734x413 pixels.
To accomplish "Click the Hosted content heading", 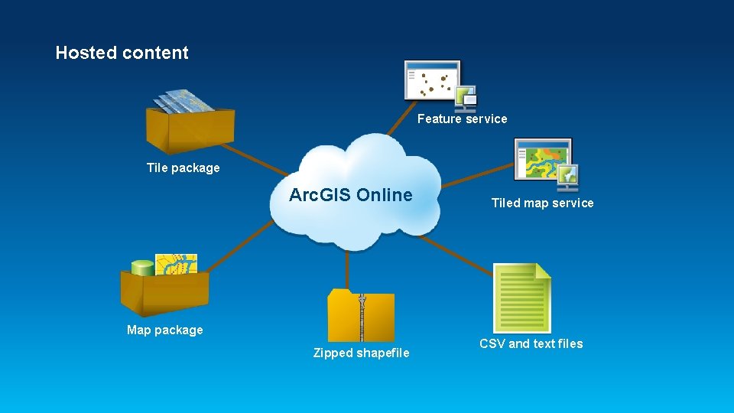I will tap(122, 53).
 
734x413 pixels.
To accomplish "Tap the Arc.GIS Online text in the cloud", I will tap(350, 195).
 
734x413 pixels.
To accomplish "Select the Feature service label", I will tap(462, 119).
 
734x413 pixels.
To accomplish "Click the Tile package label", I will tap(183, 168).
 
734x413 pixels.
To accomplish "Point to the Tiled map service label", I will tap(542, 203).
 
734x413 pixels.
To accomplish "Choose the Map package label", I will tap(165, 330).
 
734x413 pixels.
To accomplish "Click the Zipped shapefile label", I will tap(361, 353).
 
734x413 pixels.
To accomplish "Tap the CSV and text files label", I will tap(531, 343).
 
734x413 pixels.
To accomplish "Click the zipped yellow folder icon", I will tap(361, 315).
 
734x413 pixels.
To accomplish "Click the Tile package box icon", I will tap(190, 126).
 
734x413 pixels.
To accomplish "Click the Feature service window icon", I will tap(433, 80).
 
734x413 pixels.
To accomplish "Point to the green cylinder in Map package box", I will tap(142, 268).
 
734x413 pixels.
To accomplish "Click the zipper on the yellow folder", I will tap(362, 315).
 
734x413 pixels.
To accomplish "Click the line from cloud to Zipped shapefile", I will tap(348, 268).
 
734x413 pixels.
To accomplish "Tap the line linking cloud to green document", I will tap(459, 256).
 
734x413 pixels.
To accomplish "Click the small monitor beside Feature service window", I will tap(466, 98).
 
